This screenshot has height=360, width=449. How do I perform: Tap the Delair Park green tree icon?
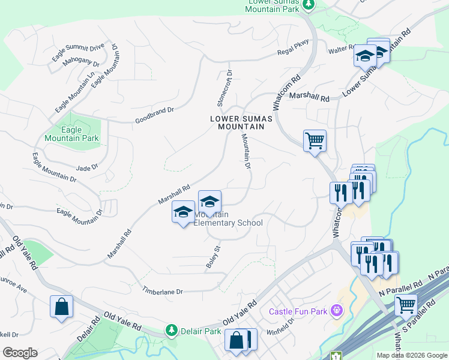pyautogui.click(x=172, y=331)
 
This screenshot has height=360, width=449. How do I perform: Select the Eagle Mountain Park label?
pyautogui.click(x=71, y=134)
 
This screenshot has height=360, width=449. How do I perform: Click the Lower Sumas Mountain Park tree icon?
pyautogui.click(x=308, y=5)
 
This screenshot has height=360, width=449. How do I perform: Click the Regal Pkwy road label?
pyautogui.click(x=292, y=52)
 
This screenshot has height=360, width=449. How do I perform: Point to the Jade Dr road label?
pyautogui.click(x=86, y=168)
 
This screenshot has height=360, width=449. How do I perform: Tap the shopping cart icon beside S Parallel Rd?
pyautogui.click(x=406, y=305)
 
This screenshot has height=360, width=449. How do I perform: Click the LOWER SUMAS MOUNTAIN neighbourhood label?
pyautogui.click(x=241, y=122)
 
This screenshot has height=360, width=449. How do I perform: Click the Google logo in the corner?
pyautogui.click(x=20, y=352)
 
